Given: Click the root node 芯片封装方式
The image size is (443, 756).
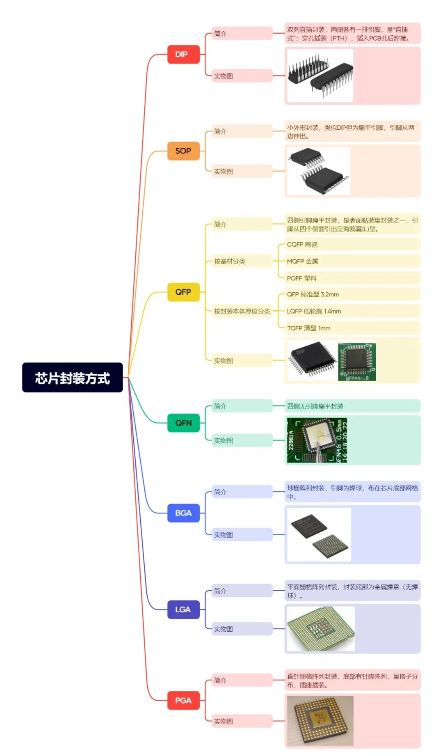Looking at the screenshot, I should (x=72, y=378).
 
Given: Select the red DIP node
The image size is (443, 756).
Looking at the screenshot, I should (x=183, y=54).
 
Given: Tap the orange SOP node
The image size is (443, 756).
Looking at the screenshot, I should (x=183, y=151).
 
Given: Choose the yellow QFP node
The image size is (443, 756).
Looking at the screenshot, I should (x=183, y=292).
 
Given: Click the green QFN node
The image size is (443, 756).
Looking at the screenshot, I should (x=183, y=423).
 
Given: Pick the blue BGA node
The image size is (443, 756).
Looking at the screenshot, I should (x=183, y=513).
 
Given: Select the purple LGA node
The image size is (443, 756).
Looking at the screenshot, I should (x=183, y=609).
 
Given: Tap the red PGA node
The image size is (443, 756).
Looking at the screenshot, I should (x=183, y=700).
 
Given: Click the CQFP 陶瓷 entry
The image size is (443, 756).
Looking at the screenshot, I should (x=302, y=244).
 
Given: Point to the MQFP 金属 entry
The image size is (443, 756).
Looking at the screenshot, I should (x=302, y=261).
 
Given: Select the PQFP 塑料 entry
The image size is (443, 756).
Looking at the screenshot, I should (x=301, y=278).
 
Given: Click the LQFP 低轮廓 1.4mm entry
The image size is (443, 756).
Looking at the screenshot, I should (x=314, y=311).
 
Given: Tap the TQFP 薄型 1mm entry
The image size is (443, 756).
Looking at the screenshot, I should (x=308, y=328).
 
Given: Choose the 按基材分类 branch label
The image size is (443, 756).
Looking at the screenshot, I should (x=230, y=261).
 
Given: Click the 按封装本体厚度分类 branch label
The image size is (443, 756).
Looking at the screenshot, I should (x=242, y=311).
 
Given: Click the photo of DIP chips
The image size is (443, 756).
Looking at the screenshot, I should (x=320, y=76).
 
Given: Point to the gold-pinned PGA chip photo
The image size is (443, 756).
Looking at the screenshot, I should (x=320, y=721).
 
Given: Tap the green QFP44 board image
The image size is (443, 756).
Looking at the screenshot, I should (x=357, y=362).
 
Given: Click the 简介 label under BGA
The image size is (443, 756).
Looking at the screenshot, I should (x=220, y=492).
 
